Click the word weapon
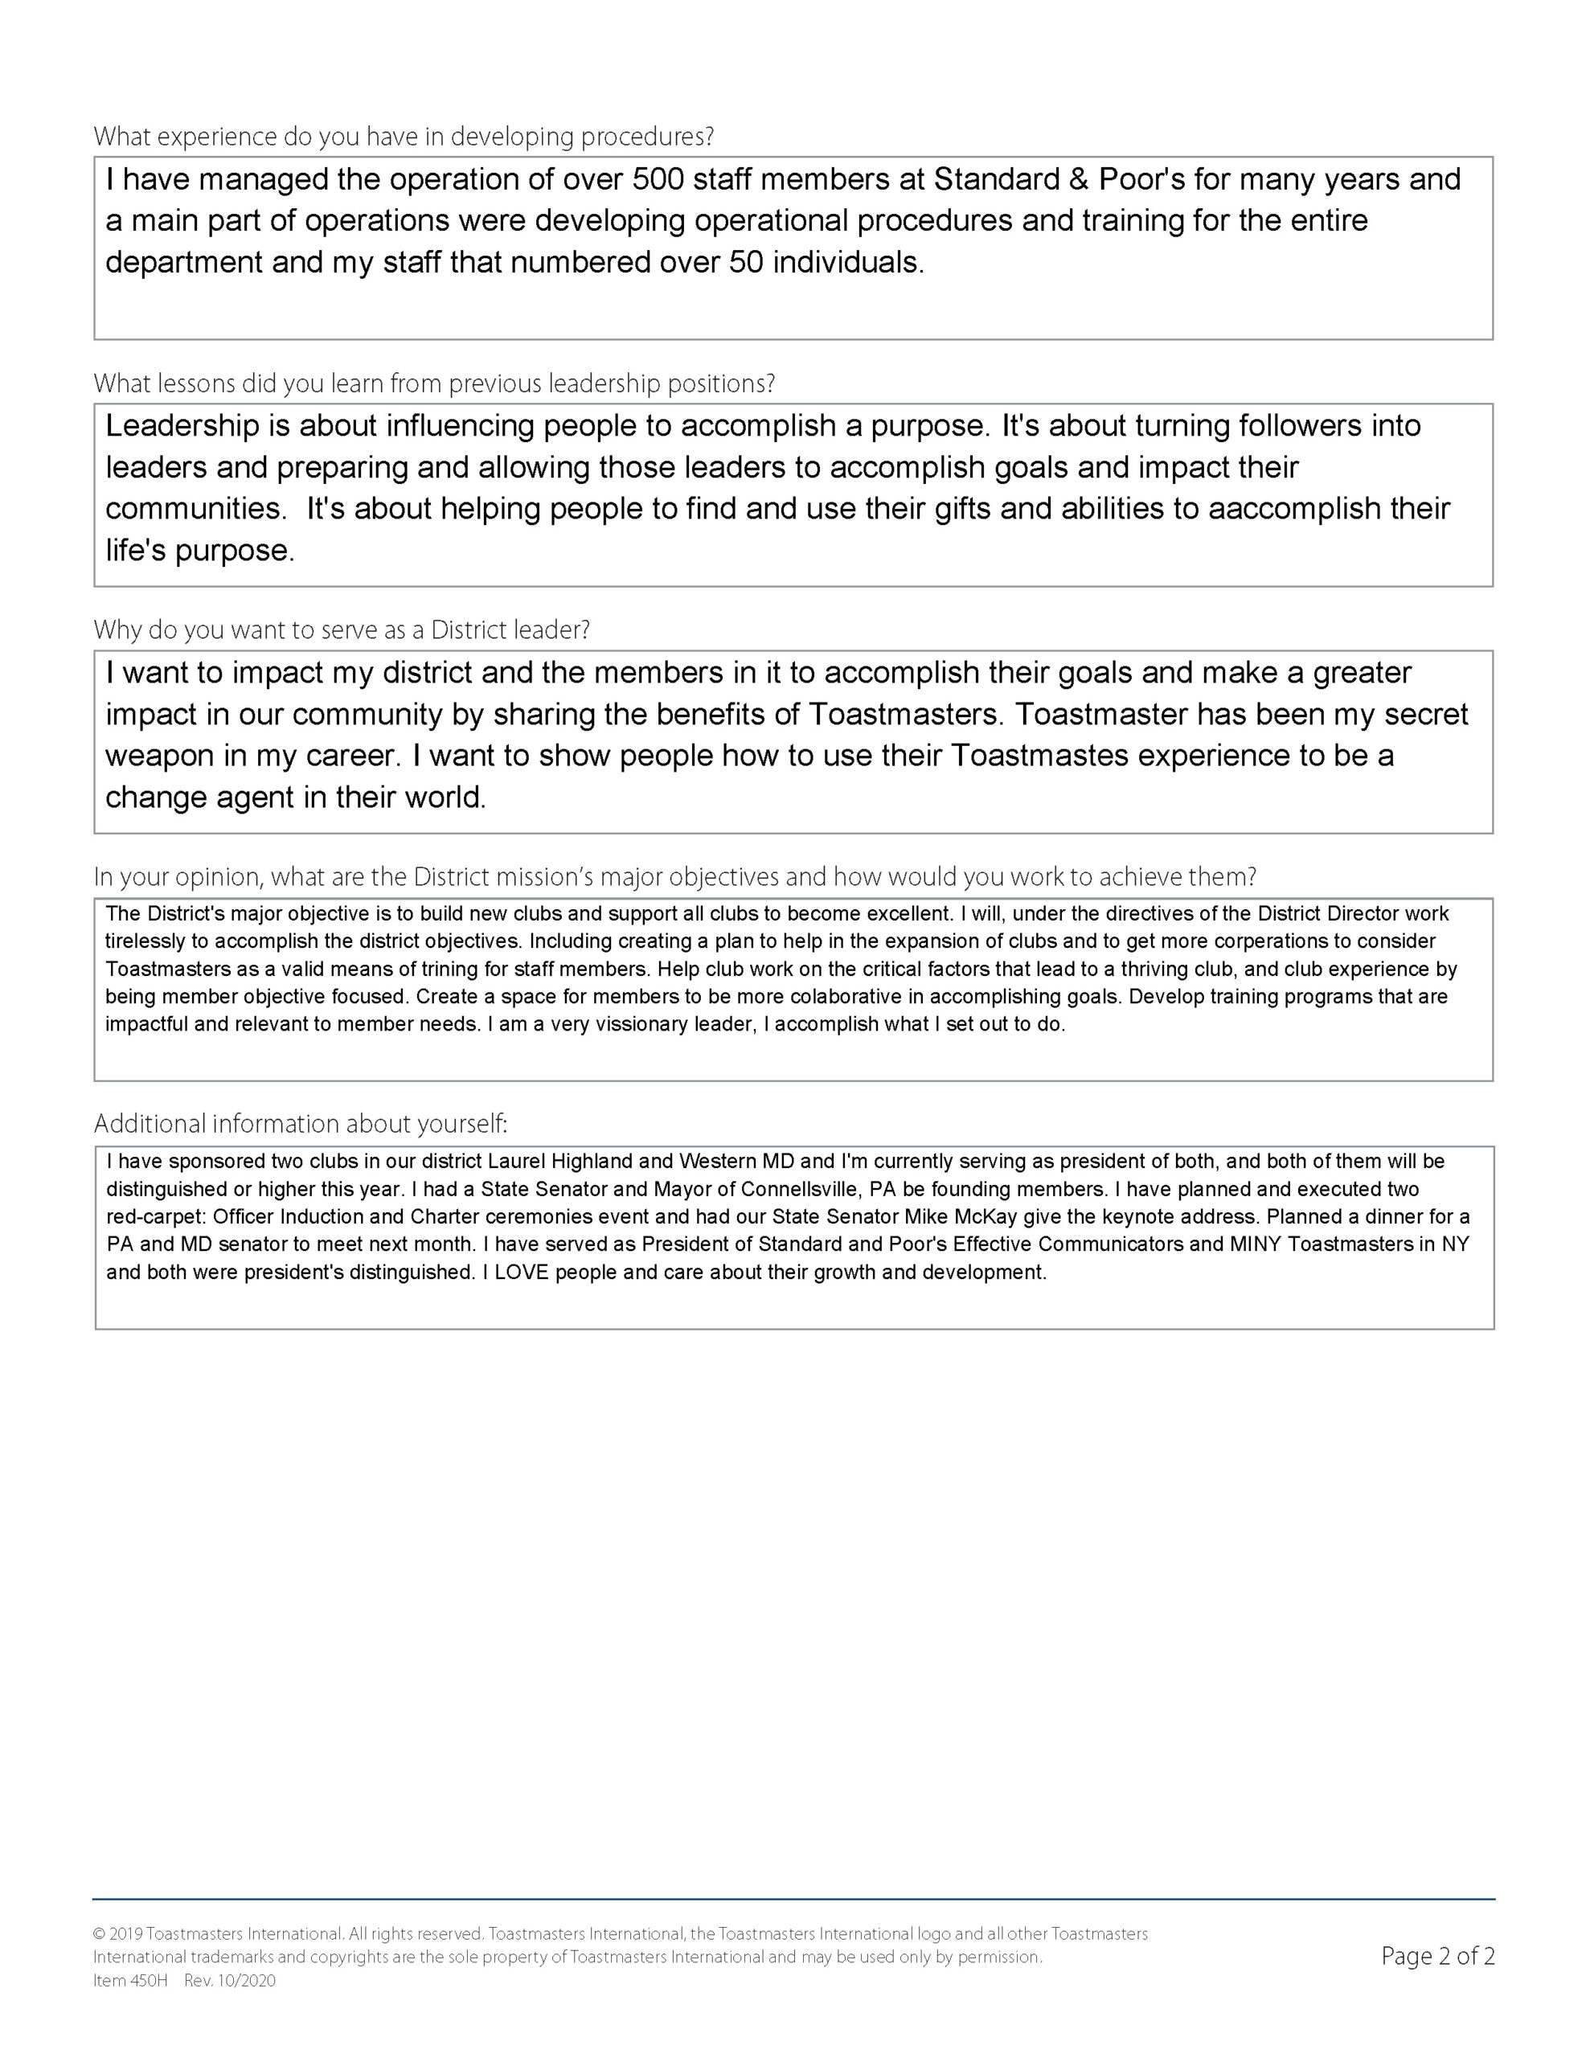tap(160, 756)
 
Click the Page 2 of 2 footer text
tap(1437, 1956)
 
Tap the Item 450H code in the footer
tap(130, 1981)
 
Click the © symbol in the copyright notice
tap(99, 1934)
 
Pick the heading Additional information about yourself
tap(301, 1124)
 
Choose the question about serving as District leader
tap(341, 630)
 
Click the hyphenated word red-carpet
tap(154, 1216)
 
